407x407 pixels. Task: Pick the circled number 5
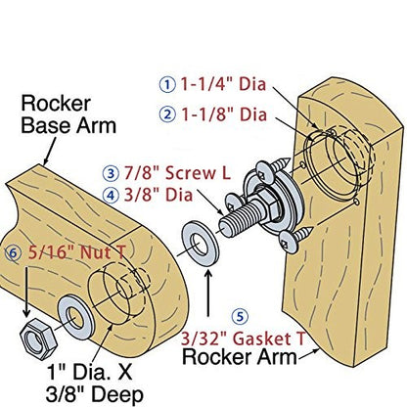pos(240,316)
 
